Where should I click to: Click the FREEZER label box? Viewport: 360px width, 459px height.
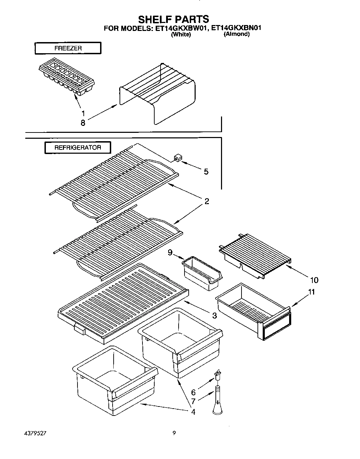pos(68,48)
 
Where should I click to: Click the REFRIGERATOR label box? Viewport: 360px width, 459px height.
pos(77,147)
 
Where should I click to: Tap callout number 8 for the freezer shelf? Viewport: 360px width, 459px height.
pos(83,123)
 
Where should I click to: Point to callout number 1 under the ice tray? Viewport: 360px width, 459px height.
pos(83,113)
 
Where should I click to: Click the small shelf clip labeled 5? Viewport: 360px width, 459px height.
pos(177,159)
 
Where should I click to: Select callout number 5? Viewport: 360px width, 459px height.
pos(206,171)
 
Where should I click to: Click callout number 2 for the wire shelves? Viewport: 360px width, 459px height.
pos(207,201)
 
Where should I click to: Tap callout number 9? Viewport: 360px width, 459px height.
pos(170,253)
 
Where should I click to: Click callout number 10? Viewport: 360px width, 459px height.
pos(314,280)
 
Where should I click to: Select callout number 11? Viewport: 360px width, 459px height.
pos(312,292)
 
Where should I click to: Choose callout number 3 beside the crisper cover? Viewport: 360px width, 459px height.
pos(214,315)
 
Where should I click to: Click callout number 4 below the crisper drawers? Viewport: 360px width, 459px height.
pos(193,412)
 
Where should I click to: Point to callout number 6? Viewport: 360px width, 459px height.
pos(194,393)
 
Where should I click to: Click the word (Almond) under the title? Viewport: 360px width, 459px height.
pos(236,34)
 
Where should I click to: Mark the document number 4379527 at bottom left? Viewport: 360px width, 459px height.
pos(35,434)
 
